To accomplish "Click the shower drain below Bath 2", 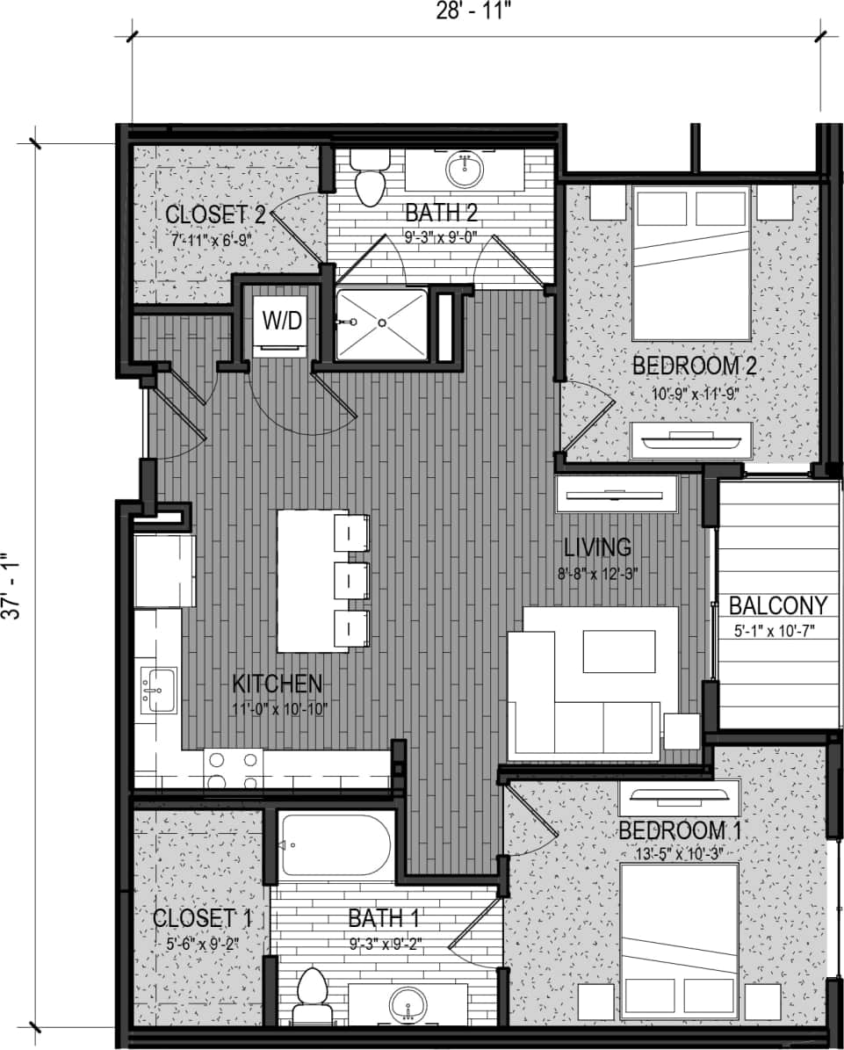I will [382, 323].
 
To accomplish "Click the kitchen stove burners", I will [233, 771].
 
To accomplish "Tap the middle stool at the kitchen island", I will [351, 580].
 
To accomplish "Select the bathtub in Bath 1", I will [336, 845].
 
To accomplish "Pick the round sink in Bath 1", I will [408, 1003].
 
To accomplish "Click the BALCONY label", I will [777, 605].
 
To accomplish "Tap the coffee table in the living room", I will [618, 651].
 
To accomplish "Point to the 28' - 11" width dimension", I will [474, 11].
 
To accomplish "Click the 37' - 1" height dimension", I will [11, 586].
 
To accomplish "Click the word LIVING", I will [597, 547].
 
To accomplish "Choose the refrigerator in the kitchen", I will [163, 557].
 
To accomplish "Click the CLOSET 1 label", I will [202, 919].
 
